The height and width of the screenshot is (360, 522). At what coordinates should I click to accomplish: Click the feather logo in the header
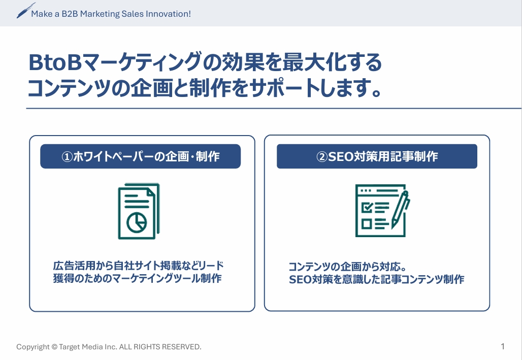pos(26,11)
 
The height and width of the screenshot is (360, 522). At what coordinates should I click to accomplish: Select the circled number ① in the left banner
pos(67,156)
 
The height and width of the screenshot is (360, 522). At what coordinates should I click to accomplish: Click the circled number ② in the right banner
pos(322,156)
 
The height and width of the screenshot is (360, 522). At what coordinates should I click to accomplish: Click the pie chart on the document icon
pos(137,222)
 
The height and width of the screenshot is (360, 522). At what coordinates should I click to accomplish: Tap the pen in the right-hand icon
pos(401,209)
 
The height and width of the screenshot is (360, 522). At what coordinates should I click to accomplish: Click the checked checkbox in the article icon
pos(367,208)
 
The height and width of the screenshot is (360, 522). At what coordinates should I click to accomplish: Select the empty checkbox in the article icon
pos(367,223)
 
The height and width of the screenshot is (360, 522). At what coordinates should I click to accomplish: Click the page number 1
pos(503,346)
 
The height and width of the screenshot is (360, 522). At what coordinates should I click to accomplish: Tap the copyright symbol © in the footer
pos(55,347)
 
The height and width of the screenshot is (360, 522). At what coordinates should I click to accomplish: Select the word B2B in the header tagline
pos(70,14)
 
